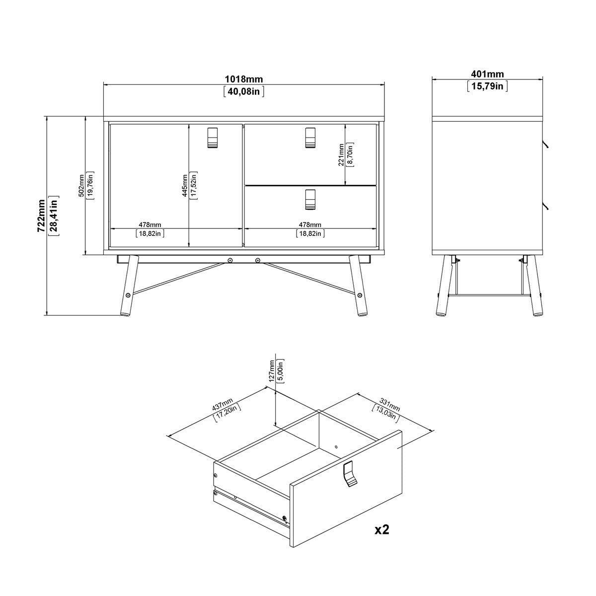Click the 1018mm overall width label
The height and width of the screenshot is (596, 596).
[243, 79]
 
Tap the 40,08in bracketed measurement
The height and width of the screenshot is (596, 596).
[243, 91]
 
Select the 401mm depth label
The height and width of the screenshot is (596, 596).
[487, 74]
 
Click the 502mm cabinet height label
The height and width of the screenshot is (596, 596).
[81, 185]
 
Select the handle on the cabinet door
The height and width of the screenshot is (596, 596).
[212, 137]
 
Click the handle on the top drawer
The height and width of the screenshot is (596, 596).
[310, 137]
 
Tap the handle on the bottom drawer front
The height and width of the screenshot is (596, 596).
[310, 200]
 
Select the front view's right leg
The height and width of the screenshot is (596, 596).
[358, 286]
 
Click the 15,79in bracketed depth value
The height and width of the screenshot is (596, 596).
[487, 86]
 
